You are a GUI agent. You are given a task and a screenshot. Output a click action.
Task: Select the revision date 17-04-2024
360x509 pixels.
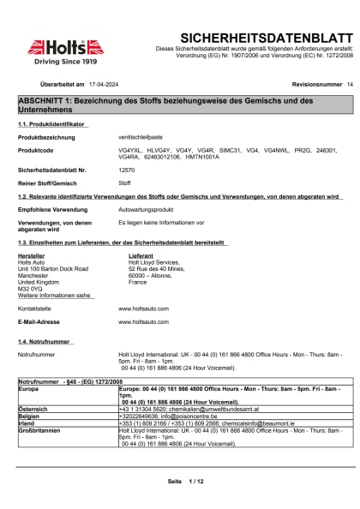(x=100, y=86)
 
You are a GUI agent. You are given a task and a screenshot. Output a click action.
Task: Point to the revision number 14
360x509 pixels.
(x=350, y=86)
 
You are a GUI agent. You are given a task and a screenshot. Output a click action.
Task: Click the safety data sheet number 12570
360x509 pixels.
(x=128, y=171)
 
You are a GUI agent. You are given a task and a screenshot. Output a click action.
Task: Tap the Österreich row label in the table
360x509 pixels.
(x=33, y=410)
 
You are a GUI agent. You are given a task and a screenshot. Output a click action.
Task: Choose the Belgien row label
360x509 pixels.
(x=30, y=416)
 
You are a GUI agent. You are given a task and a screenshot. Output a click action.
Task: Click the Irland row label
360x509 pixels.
(x=27, y=423)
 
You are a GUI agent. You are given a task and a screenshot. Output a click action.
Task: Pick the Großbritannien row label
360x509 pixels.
(x=39, y=430)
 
